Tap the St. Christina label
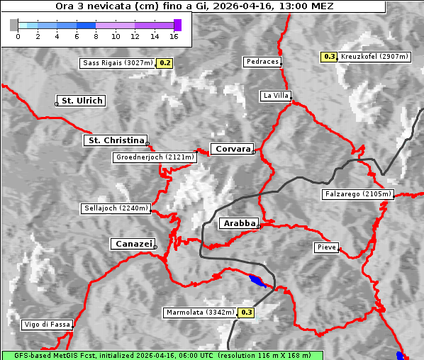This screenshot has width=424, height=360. [x=116, y=140]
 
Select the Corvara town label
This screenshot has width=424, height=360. [x=233, y=149]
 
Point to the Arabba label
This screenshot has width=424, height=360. [x=239, y=223]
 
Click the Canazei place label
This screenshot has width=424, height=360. [x=133, y=244]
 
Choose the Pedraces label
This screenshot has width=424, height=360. [x=262, y=62]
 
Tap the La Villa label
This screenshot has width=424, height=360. [x=275, y=95]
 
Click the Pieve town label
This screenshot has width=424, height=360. [x=326, y=247]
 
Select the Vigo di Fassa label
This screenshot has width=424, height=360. [x=47, y=325]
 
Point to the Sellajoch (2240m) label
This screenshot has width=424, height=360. [x=116, y=208]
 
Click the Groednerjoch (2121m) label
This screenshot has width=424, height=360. [x=154, y=157]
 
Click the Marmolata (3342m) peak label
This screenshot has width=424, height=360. [x=200, y=312]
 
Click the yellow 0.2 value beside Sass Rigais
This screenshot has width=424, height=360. [x=165, y=63]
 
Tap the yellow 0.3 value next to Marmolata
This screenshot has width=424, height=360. [x=247, y=312]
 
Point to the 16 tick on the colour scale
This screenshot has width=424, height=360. [x=174, y=35]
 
